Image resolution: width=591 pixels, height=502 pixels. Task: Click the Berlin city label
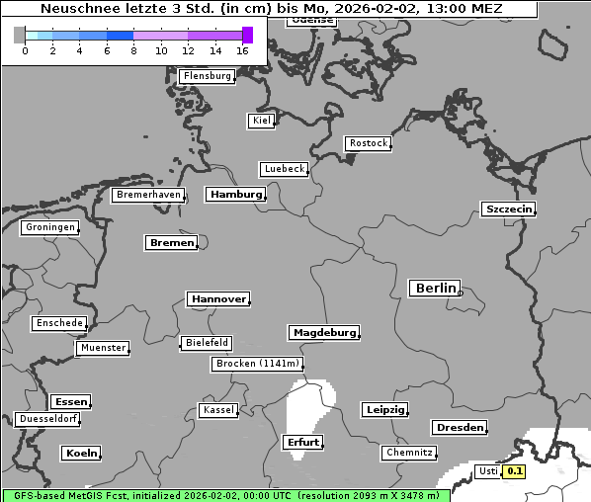click(x=435, y=289)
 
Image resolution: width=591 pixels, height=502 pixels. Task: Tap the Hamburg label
click(x=236, y=195)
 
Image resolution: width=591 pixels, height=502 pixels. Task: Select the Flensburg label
click(x=207, y=76)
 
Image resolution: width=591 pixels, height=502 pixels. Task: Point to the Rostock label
click(x=368, y=143)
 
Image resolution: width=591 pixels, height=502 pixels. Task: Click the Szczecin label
click(x=508, y=209)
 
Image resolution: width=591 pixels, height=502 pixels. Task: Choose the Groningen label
click(x=49, y=227)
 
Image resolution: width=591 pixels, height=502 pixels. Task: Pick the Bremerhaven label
click(x=148, y=195)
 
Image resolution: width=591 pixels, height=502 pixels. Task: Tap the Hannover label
click(x=217, y=298)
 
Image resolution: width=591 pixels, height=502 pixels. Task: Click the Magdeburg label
click(x=323, y=333)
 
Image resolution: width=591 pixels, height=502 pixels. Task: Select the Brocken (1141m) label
click(x=256, y=364)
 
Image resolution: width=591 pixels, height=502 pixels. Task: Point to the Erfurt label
click(x=301, y=442)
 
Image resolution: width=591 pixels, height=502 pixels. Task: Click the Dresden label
click(x=459, y=428)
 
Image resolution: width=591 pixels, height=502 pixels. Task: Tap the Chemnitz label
click(x=408, y=453)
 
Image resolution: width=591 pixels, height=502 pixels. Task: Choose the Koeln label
click(x=81, y=454)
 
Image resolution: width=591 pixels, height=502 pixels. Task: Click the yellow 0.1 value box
click(x=514, y=471)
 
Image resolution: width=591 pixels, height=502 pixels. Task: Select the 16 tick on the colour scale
click(x=242, y=50)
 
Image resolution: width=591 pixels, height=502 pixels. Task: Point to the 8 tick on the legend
click(x=133, y=50)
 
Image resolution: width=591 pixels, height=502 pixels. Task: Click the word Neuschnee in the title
click(x=74, y=9)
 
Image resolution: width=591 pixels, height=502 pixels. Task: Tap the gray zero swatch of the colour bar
click(x=20, y=36)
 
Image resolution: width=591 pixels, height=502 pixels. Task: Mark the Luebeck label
click(x=285, y=169)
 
